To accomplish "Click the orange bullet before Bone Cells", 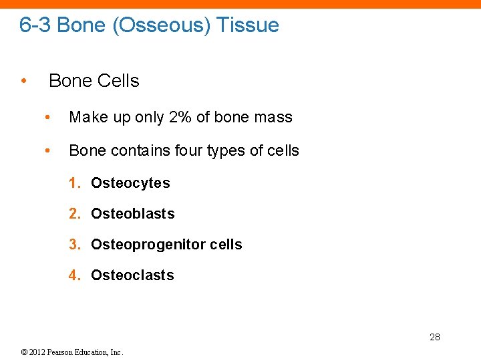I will tap(23, 81).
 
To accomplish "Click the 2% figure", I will tap(180, 117).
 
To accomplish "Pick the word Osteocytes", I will tap(130, 183).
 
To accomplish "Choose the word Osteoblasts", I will tap(132, 214).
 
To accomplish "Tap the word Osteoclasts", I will tap(132, 275).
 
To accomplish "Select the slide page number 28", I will tap(434, 337).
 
